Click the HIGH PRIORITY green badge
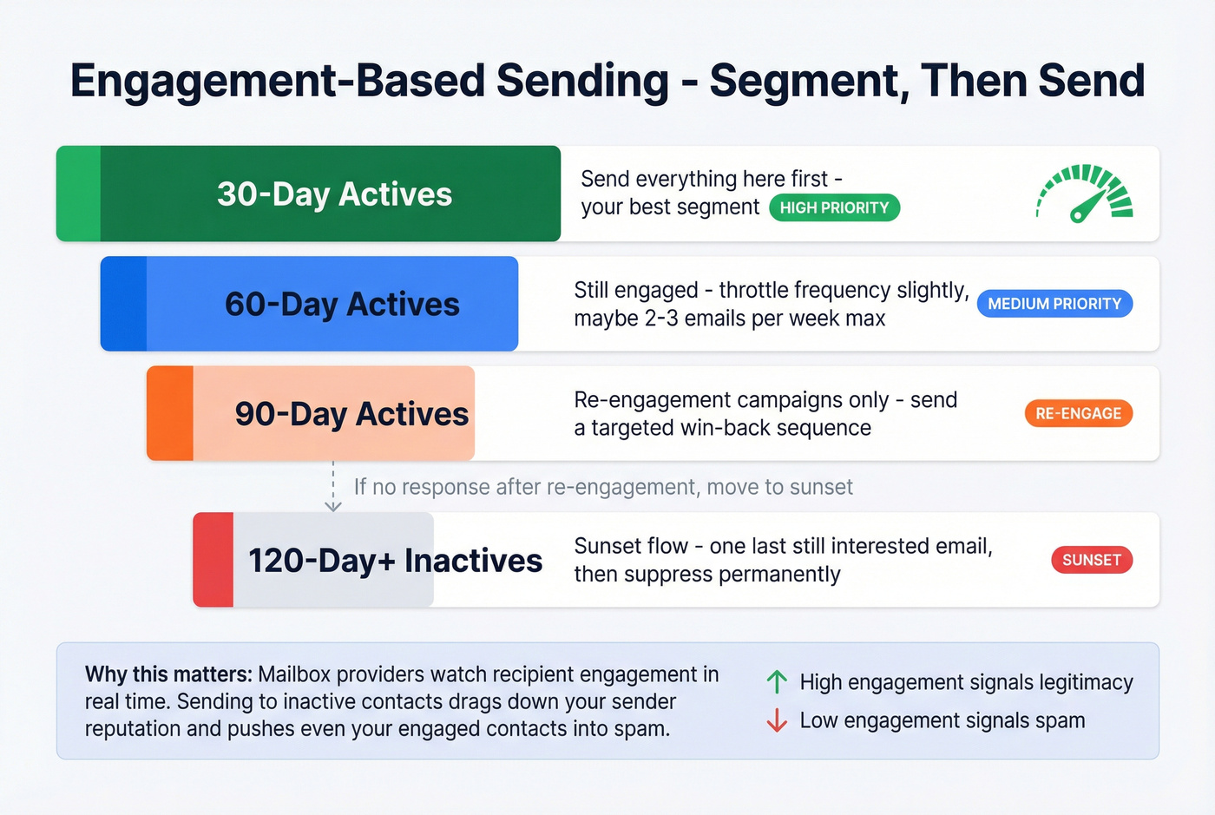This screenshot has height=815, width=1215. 834,207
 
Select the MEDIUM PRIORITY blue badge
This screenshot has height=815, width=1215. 1054,304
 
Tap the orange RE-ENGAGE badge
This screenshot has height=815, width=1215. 1078,414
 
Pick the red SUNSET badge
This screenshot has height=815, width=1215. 1091,560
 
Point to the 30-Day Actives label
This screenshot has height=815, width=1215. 334,194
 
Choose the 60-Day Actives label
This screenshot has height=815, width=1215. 342,305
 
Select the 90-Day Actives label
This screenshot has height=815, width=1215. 351,414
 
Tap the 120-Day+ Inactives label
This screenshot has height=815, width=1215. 395,561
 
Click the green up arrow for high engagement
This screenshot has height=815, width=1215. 777,682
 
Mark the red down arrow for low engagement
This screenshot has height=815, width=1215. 777,720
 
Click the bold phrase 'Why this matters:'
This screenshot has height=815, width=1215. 168,674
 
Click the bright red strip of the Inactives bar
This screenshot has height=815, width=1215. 213,560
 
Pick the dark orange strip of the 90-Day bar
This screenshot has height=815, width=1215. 170,413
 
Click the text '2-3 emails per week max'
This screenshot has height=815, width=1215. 765,319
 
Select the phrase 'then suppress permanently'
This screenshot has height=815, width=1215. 706,575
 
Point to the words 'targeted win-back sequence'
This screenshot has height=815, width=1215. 731,428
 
